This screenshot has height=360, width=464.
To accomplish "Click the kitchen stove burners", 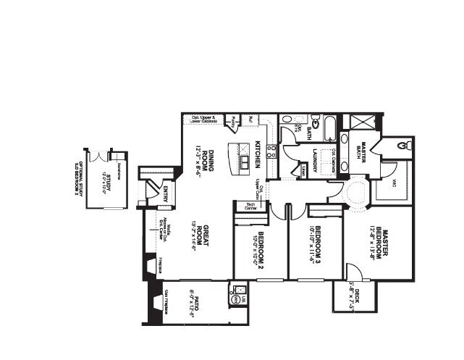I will click(x=271, y=151).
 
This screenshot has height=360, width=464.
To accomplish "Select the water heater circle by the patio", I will click(x=235, y=298).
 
